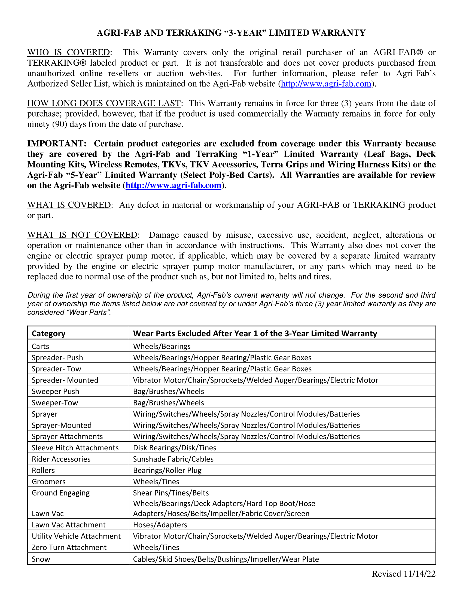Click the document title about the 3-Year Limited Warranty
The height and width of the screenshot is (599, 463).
coord(231,33)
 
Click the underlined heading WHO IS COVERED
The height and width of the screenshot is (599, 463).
coord(69,52)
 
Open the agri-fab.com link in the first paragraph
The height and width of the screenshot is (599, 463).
coord(326,84)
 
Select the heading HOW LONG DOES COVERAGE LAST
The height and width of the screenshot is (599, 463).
coord(104,103)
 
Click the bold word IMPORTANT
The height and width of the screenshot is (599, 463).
coord(56,143)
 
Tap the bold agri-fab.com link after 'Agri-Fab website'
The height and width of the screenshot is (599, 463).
coord(173,185)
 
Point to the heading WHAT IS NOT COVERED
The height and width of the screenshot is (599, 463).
coord(82,235)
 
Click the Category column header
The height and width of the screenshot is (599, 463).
coord(48,334)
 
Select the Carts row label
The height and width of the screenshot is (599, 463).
coord(40,346)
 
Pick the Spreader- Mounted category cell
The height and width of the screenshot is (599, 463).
coord(65,380)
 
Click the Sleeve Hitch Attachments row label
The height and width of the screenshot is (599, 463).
coord(75,448)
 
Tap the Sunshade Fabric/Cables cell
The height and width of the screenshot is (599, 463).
coord(173,459)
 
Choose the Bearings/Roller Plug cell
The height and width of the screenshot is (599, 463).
coord(167,470)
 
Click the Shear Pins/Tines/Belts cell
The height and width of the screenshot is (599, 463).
coord(171,493)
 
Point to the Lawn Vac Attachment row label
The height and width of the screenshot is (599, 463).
coord(69,525)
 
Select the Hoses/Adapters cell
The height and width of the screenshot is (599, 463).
coord(160,525)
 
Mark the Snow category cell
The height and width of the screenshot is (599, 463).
coord(41,559)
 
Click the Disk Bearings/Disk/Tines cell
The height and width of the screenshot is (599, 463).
coord(175,448)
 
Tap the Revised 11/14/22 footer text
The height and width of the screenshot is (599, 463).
coord(403,574)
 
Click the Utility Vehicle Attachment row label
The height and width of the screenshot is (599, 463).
coord(76,536)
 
